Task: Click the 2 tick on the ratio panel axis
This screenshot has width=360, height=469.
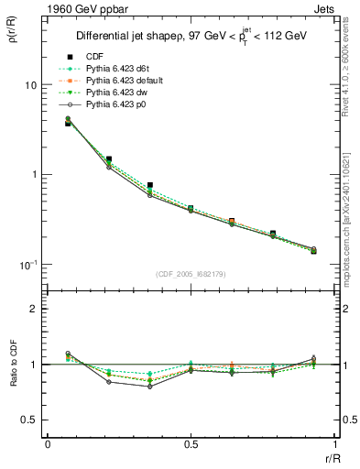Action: point(31,310)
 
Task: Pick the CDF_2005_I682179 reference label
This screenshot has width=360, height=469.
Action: point(191,274)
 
